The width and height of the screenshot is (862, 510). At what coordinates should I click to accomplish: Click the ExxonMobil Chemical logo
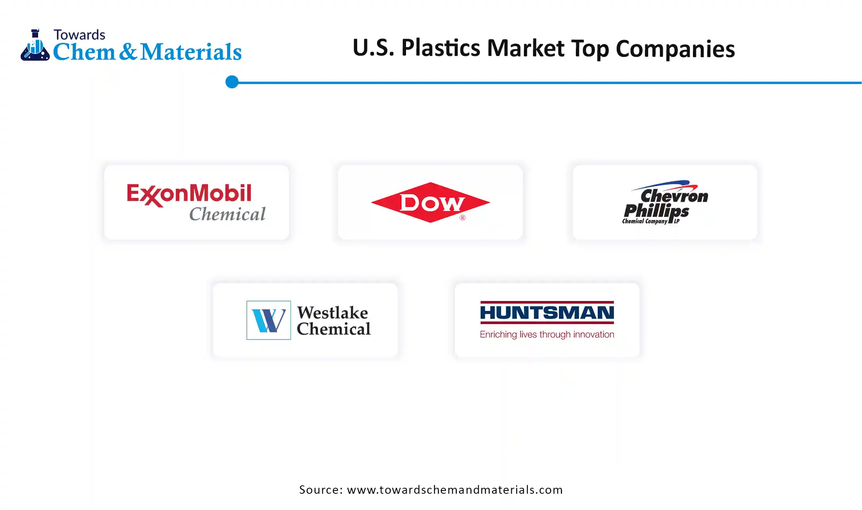click(x=196, y=202)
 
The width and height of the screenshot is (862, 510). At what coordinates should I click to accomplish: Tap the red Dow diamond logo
click(x=431, y=202)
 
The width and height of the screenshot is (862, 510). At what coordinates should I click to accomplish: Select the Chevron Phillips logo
click(x=665, y=202)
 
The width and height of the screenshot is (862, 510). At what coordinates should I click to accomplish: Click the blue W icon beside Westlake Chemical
click(x=269, y=320)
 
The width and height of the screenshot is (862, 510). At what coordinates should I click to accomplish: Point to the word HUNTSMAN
click(x=547, y=313)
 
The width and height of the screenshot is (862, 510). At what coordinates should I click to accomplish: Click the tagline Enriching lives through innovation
click(x=547, y=334)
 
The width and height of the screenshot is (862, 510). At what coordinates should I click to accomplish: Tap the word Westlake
click(x=333, y=313)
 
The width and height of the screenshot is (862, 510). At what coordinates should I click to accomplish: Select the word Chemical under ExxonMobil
click(x=227, y=214)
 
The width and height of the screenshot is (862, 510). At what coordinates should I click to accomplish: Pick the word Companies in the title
click(x=675, y=49)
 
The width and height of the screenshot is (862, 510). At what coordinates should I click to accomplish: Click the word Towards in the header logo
click(x=79, y=35)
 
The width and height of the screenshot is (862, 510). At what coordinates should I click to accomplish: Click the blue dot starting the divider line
click(x=232, y=82)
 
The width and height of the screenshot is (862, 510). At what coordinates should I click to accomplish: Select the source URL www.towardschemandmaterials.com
click(x=455, y=490)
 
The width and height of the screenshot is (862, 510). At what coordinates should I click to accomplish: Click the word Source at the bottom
click(x=321, y=490)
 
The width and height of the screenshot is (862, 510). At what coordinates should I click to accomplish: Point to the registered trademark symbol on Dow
click(x=462, y=218)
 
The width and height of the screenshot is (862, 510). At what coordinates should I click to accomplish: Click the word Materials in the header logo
click(x=191, y=52)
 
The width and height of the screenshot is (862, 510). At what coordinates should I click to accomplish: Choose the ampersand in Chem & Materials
click(x=128, y=52)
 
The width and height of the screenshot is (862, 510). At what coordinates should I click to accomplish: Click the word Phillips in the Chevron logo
click(x=656, y=211)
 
